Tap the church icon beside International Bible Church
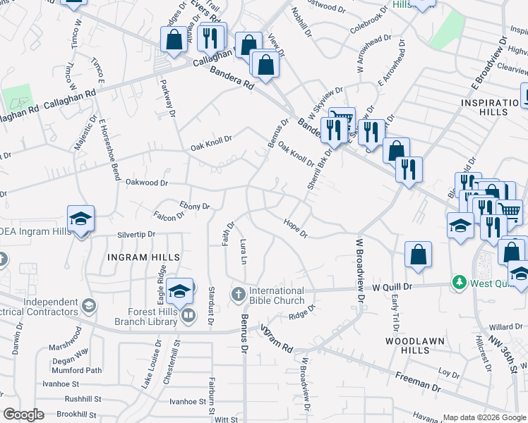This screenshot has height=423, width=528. pos(239,293)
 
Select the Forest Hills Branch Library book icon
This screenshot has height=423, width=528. pos(188,316)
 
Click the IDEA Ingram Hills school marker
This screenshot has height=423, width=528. pos(80,219)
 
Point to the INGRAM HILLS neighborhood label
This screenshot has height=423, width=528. pos(143,257)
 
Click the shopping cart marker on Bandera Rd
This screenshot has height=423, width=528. pos(342,118)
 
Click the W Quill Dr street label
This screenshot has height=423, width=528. pos(396,288)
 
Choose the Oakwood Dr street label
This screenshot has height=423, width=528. pos(146,183)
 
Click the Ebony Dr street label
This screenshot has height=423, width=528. pos(195,205)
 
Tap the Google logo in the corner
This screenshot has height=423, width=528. pos(23,415)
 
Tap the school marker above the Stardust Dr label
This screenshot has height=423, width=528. pos(181,290)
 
